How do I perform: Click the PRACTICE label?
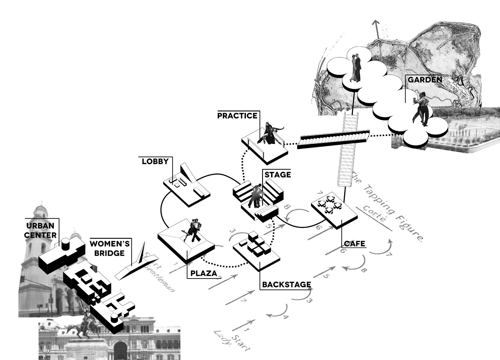point(237,116)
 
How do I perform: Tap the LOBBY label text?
point(155,161)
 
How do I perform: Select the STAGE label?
point(277,175)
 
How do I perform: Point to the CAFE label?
point(354,244)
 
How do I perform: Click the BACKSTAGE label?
point(286,285)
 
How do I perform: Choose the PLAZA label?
point(204,273)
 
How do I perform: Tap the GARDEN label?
point(425,80)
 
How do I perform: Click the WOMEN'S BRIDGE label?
point(109,248)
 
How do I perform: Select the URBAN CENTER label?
point(40,230)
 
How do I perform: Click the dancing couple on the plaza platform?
point(193,230)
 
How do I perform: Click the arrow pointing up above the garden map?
point(377,30)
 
